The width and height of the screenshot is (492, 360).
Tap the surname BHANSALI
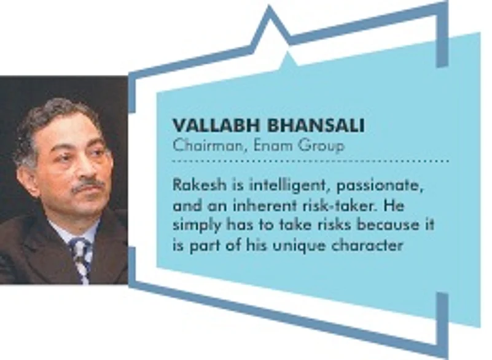(x=316, y=125)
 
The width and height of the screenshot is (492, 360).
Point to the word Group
(x=321, y=147)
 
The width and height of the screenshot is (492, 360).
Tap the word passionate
(x=380, y=186)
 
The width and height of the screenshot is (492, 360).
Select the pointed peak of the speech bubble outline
(x=269, y=6)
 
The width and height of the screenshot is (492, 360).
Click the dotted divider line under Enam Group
(x=311, y=161)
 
